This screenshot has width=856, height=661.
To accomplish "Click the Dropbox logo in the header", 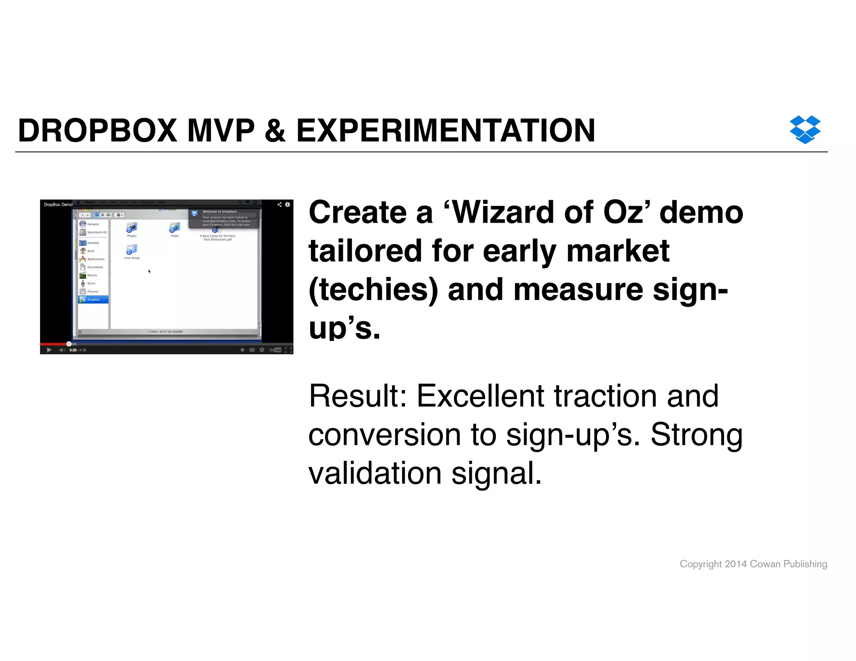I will click(805, 130).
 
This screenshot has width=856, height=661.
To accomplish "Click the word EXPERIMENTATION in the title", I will click(446, 131).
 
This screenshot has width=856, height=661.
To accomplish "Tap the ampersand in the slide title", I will click(275, 131).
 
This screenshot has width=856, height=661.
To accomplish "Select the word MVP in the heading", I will click(221, 131).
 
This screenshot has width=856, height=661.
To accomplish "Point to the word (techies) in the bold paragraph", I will click(373, 290).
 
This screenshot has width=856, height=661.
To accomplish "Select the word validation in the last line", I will click(375, 473).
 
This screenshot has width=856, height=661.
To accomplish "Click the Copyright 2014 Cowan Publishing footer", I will click(753, 564).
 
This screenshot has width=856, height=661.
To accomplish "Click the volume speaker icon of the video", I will click(62, 350).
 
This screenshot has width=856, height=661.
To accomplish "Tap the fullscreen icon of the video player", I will click(288, 350).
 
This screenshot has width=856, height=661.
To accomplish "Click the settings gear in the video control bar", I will click(262, 350).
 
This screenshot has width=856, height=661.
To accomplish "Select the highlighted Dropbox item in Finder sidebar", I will click(93, 300).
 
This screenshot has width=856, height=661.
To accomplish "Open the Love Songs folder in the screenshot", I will click(132, 250).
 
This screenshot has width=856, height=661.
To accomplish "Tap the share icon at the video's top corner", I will click(279, 205).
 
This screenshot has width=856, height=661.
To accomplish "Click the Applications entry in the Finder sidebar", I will click(95, 259).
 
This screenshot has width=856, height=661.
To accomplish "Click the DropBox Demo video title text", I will click(58, 205).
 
